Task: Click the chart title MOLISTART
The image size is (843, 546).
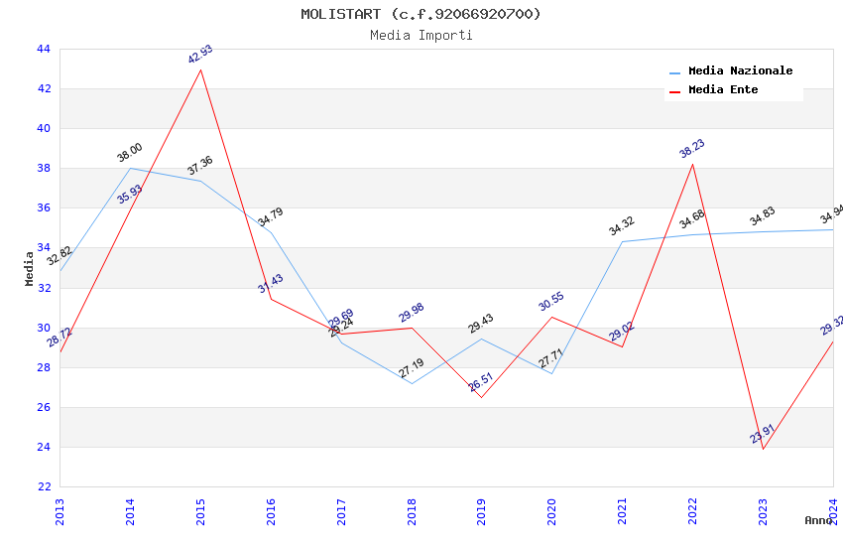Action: [x=421, y=14]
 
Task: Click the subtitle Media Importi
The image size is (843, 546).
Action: [x=421, y=35]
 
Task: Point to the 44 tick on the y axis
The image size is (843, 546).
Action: [x=43, y=49]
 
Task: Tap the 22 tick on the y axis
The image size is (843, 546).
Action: [x=43, y=486]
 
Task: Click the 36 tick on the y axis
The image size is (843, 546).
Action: [x=43, y=207]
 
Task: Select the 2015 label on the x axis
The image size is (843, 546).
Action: [x=200, y=511]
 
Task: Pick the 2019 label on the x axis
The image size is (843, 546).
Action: [x=481, y=511]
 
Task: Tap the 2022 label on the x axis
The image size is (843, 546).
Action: [x=692, y=511]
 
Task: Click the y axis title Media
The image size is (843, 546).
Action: [x=30, y=268]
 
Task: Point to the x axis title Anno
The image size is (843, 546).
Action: [x=818, y=520]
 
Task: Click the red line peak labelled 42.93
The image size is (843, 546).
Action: [x=201, y=69]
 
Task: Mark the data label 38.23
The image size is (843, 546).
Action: [x=692, y=149]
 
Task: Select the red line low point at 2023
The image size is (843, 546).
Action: [x=763, y=449]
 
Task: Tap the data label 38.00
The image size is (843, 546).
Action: [x=130, y=153]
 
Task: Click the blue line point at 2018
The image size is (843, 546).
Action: [x=412, y=383]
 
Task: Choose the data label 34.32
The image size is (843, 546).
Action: [x=622, y=226]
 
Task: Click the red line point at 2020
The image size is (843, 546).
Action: [x=551, y=317]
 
